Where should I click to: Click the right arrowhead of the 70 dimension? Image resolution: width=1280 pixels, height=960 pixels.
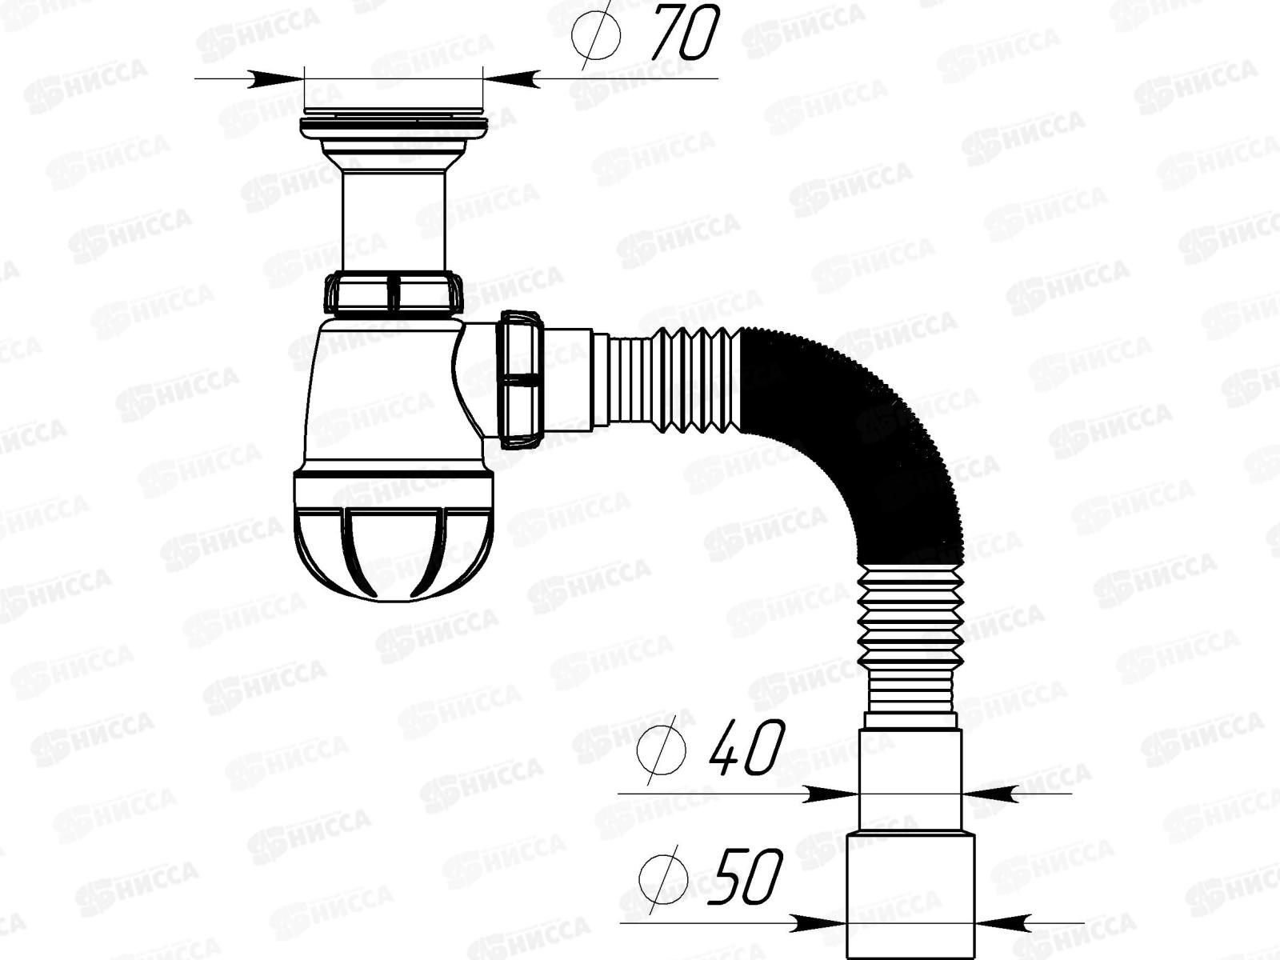(512, 78)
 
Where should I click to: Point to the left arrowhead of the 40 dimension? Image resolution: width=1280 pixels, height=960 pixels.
(832, 794)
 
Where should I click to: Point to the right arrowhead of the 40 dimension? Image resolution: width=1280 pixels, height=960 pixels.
(988, 794)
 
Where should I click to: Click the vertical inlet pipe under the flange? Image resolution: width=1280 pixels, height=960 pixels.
(394, 220)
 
